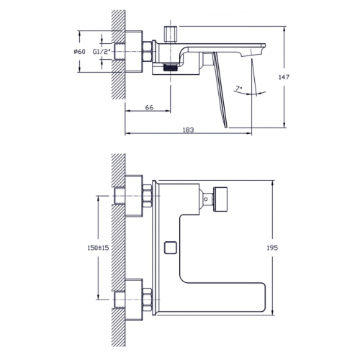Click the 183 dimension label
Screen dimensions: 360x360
pyautogui.click(x=189, y=129)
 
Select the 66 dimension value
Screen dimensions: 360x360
pyautogui.click(x=150, y=107)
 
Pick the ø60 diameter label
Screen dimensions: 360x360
pyautogui.click(x=80, y=51)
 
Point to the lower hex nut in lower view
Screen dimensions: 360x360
pyautogui.click(x=146, y=297)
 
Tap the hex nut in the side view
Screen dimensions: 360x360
pyautogui.click(x=146, y=51)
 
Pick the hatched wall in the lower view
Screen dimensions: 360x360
pyautogui.click(x=117, y=245)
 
